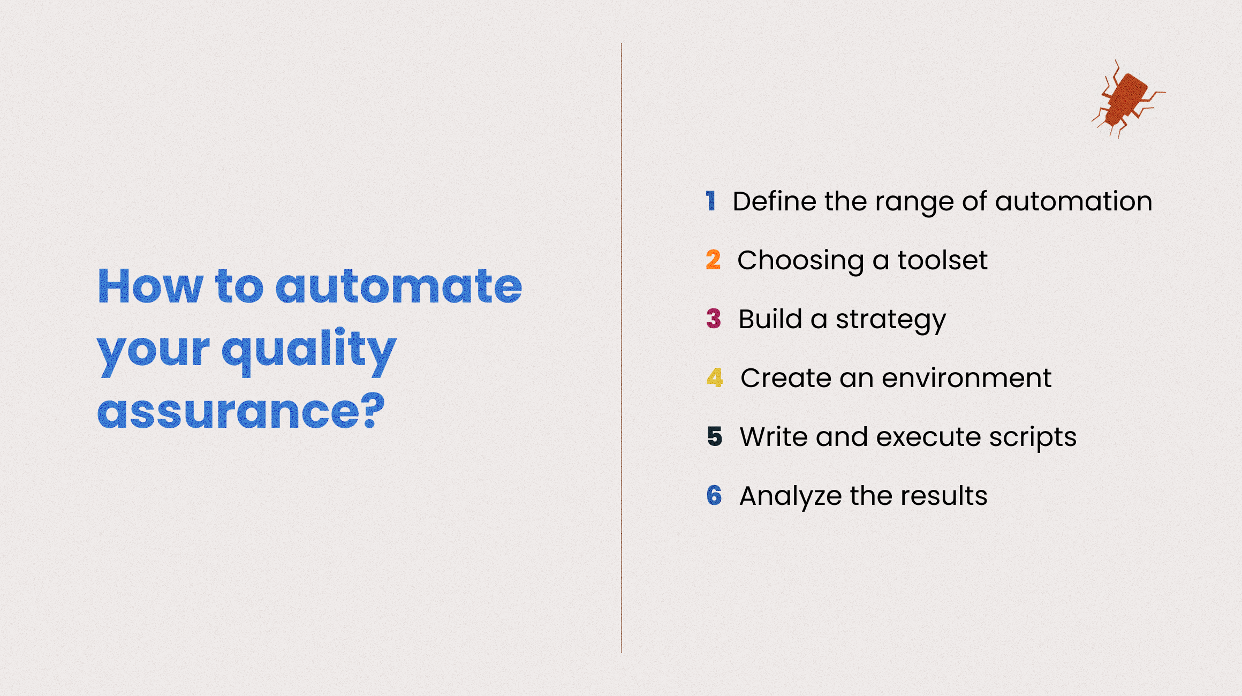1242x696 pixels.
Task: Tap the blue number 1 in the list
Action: [710, 201]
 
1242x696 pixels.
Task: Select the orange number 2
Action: [713, 260]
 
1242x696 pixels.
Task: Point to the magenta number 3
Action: [714, 319]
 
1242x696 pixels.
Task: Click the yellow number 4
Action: [715, 377]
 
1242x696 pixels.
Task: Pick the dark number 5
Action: [715, 436]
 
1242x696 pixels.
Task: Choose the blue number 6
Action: [714, 495]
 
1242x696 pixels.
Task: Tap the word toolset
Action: [942, 260]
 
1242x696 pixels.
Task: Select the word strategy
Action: [891, 320]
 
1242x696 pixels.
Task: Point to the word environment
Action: [967, 378]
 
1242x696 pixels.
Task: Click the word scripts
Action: [1033, 438]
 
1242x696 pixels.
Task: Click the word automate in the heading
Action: [399, 287]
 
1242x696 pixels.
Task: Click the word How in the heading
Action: [150, 286]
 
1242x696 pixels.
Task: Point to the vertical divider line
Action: [622, 348]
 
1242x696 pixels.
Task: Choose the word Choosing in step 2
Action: [801, 261]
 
